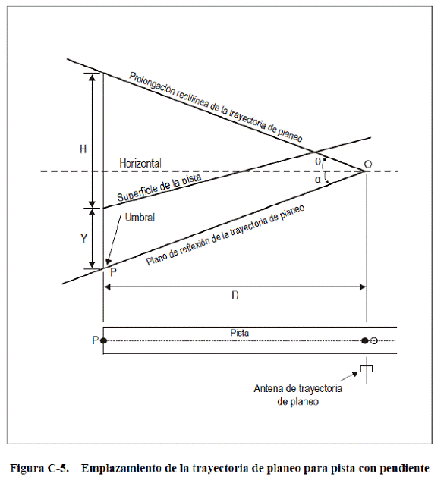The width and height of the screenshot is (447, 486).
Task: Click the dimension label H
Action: point(83,149)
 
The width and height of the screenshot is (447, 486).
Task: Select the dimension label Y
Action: point(83,239)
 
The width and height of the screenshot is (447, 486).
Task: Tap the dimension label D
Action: point(235,296)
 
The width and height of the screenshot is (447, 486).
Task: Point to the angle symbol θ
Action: point(318,161)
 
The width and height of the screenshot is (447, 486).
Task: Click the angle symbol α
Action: point(318,179)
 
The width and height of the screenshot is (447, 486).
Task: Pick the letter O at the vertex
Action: point(368,165)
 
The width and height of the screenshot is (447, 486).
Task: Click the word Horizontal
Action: point(140,163)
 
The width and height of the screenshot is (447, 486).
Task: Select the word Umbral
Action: point(140,218)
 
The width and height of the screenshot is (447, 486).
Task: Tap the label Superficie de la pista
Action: point(159,187)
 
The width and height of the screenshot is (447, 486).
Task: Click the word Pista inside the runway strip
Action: point(240,333)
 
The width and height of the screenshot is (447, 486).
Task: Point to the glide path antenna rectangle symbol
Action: point(367,368)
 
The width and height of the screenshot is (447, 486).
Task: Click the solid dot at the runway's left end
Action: point(104,340)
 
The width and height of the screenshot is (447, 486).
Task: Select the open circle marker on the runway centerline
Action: point(374,340)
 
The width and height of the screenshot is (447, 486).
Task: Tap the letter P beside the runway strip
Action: point(95,340)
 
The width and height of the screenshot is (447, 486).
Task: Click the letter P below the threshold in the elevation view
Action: point(114,272)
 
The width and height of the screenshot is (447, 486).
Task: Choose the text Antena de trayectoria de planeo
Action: point(298,395)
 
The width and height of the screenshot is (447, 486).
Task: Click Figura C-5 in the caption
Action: point(39,468)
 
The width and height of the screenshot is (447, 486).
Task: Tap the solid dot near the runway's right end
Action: point(365,340)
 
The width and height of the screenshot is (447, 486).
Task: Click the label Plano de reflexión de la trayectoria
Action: point(207,241)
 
